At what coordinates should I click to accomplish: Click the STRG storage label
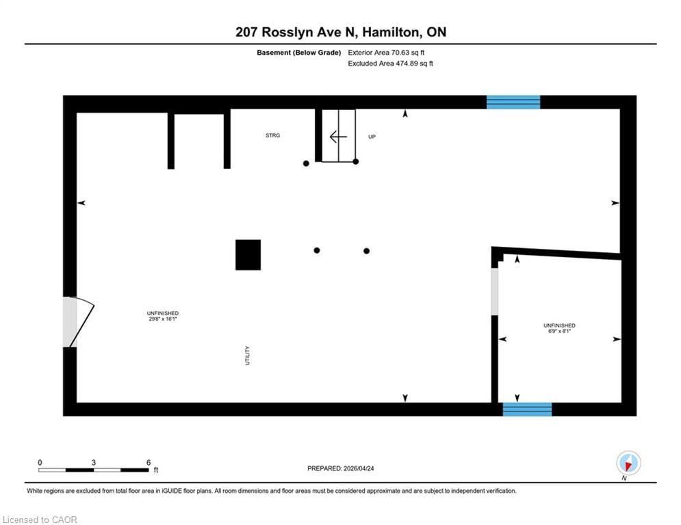pos(273,135)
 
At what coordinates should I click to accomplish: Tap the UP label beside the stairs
pos(372,137)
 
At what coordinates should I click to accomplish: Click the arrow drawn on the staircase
pos(338,137)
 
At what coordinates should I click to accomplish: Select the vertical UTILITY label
pos(248,355)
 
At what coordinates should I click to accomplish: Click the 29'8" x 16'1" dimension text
pos(163,319)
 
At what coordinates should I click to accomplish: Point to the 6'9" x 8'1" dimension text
pos(559,331)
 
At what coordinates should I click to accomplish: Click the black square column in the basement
pos(248,255)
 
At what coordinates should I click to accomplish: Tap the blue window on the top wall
pos(513,103)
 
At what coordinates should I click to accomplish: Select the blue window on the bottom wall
pos(527,409)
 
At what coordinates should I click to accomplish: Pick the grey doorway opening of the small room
pos(495,292)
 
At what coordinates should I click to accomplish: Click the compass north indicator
pos(628,463)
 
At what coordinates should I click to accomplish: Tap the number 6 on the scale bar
pos(149,463)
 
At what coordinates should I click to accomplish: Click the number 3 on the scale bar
pos(93,463)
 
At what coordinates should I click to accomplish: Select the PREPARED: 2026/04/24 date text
pos(341,468)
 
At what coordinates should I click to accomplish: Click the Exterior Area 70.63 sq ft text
pos(386,53)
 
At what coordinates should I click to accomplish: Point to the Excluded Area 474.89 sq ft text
pos(390,64)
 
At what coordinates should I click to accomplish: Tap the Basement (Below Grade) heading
pos(299,53)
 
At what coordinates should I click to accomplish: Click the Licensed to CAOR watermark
pos(40,520)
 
